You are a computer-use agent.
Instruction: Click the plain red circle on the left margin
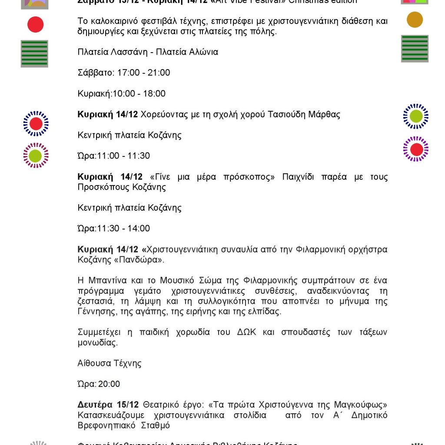point(35,24)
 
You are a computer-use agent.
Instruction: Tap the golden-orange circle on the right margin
point(415,20)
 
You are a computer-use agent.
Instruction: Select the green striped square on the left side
point(34,53)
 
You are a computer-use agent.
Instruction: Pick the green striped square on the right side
point(415,48)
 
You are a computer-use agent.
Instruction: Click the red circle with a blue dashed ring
point(36,124)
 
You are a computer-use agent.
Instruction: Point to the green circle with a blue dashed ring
point(416,116)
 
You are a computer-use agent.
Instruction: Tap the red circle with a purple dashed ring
point(416,149)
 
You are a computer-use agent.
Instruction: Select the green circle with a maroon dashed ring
point(36,156)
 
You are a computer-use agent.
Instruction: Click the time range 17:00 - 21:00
point(143,73)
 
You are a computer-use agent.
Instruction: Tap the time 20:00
point(110,384)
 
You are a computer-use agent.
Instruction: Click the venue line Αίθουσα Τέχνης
point(110,363)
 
